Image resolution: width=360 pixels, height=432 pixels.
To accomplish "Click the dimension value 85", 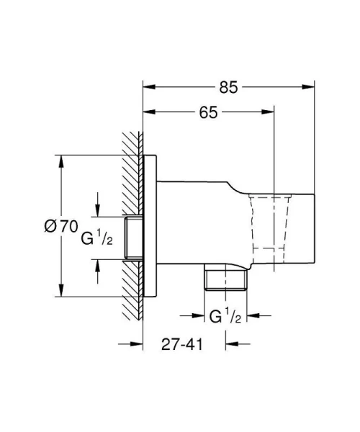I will pos(228,88).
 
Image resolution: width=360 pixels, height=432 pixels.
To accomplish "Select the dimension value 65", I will pos(207,112).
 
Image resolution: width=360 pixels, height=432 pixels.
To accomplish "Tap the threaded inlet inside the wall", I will pos(133,238).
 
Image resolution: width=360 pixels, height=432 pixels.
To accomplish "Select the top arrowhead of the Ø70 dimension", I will pos(58,160).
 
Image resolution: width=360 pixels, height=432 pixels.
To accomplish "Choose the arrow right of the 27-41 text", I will pos(230,343).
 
